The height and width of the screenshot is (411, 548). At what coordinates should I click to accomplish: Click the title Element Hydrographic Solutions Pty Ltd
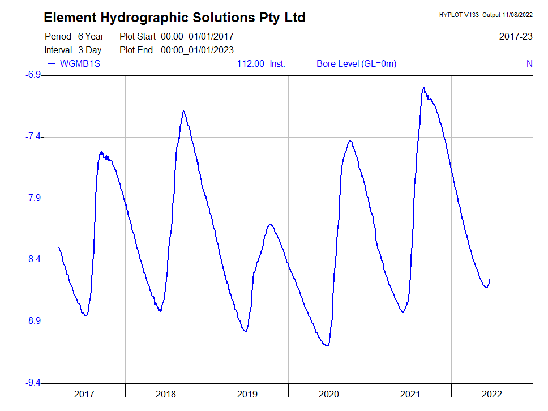(174, 18)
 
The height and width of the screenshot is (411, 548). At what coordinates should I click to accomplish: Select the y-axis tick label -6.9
(34, 75)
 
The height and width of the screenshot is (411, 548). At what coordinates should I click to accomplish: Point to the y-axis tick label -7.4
(34, 137)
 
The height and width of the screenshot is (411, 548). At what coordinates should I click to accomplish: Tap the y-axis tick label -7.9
(34, 199)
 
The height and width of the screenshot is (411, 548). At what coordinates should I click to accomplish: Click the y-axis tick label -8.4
(34, 260)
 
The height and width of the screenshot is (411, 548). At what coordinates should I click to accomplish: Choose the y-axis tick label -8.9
(34, 322)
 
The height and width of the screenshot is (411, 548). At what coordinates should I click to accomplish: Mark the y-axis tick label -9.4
(34, 383)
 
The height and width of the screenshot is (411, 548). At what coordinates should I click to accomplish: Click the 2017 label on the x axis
(84, 394)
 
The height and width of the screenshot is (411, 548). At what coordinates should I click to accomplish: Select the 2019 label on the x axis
(247, 394)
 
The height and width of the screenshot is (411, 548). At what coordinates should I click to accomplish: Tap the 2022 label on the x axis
(491, 394)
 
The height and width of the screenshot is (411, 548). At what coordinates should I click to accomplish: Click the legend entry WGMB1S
(80, 63)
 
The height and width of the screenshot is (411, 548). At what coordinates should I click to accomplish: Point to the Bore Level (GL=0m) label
(356, 63)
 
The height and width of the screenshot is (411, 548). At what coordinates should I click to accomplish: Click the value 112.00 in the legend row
(250, 63)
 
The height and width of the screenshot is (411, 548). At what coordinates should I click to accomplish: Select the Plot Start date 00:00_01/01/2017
(197, 37)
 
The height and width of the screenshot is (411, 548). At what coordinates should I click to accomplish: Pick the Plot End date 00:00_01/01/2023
(197, 50)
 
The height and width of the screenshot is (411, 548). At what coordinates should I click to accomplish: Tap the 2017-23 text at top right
(516, 37)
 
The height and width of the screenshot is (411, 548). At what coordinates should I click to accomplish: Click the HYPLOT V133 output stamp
(486, 15)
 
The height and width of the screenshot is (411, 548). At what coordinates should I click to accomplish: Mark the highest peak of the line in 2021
(423, 87)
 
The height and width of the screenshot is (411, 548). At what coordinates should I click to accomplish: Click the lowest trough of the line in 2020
(327, 346)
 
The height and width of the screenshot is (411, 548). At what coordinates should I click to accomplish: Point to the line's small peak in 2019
(271, 225)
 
